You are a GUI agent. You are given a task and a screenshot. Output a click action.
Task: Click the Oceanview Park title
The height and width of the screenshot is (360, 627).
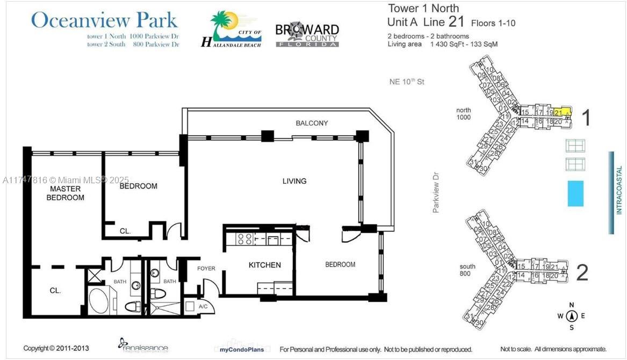[x=104, y=20]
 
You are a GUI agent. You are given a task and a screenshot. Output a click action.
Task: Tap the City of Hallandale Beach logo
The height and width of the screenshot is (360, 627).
[x=232, y=30]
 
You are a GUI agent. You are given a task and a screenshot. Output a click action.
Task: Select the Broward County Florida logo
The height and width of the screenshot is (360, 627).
[x=307, y=34]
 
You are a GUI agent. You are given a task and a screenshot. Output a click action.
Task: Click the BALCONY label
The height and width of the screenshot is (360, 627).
[x=312, y=123]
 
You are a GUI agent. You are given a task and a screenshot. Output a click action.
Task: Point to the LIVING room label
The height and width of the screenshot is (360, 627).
[x=294, y=181]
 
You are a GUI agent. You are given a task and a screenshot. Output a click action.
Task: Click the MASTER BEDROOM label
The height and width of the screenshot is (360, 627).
[x=65, y=193]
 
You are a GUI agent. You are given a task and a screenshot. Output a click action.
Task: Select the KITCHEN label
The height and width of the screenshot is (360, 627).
[x=264, y=265]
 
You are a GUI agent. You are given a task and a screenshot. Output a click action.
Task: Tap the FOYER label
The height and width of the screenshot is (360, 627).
[x=206, y=269]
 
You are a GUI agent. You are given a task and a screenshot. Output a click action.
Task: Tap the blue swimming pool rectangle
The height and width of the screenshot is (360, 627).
[x=575, y=193]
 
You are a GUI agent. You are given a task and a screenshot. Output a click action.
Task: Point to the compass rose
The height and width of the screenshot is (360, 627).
[x=572, y=316]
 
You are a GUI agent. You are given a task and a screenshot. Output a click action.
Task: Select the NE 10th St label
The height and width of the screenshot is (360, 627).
[x=407, y=82]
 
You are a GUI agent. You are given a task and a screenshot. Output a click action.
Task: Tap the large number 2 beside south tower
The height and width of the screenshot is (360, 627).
[x=582, y=273]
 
